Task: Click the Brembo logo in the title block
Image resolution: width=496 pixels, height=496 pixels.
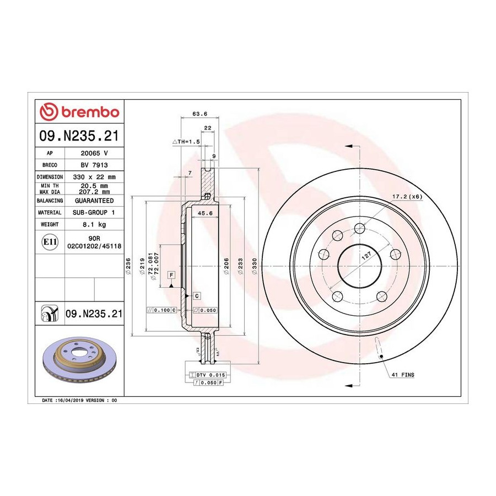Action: [79, 112]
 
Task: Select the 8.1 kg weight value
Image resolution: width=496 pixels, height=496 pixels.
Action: [94, 225]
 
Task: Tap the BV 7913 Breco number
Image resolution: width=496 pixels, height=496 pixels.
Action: [94, 165]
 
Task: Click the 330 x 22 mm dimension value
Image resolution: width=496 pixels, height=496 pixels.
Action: [94, 177]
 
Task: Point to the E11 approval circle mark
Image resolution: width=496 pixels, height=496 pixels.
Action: [50, 242]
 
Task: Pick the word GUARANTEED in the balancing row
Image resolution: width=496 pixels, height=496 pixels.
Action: [94, 201]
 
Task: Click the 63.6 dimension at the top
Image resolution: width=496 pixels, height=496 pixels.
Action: [200, 114]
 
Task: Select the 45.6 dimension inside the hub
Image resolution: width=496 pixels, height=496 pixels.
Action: [205, 213]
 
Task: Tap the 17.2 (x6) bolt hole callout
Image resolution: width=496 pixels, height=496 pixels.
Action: [407, 196]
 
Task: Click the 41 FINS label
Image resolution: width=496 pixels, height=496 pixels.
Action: [403, 375]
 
